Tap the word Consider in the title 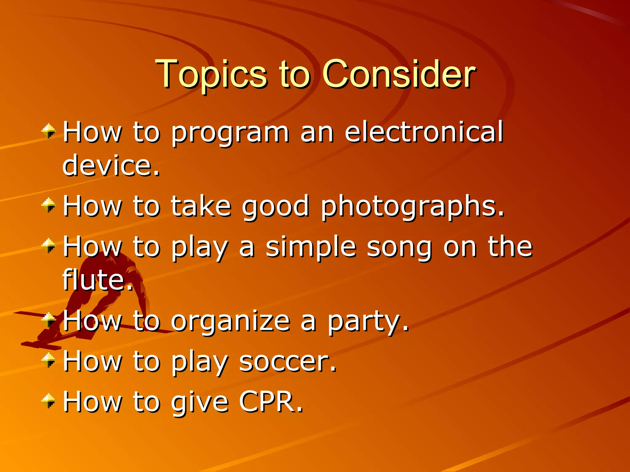click(399, 74)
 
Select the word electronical click(424, 132)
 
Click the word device click(111, 166)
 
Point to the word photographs click(412, 206)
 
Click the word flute click(97, 280)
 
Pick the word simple click(311, 247)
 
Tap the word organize click(230, 321)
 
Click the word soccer click(288, 361)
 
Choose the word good click(275, 206)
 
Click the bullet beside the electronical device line click(49, 131)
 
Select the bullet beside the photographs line click(49, 205)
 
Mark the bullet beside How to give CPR click(49, 401)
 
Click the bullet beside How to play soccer click(49, 360)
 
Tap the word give click(200, 402)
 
